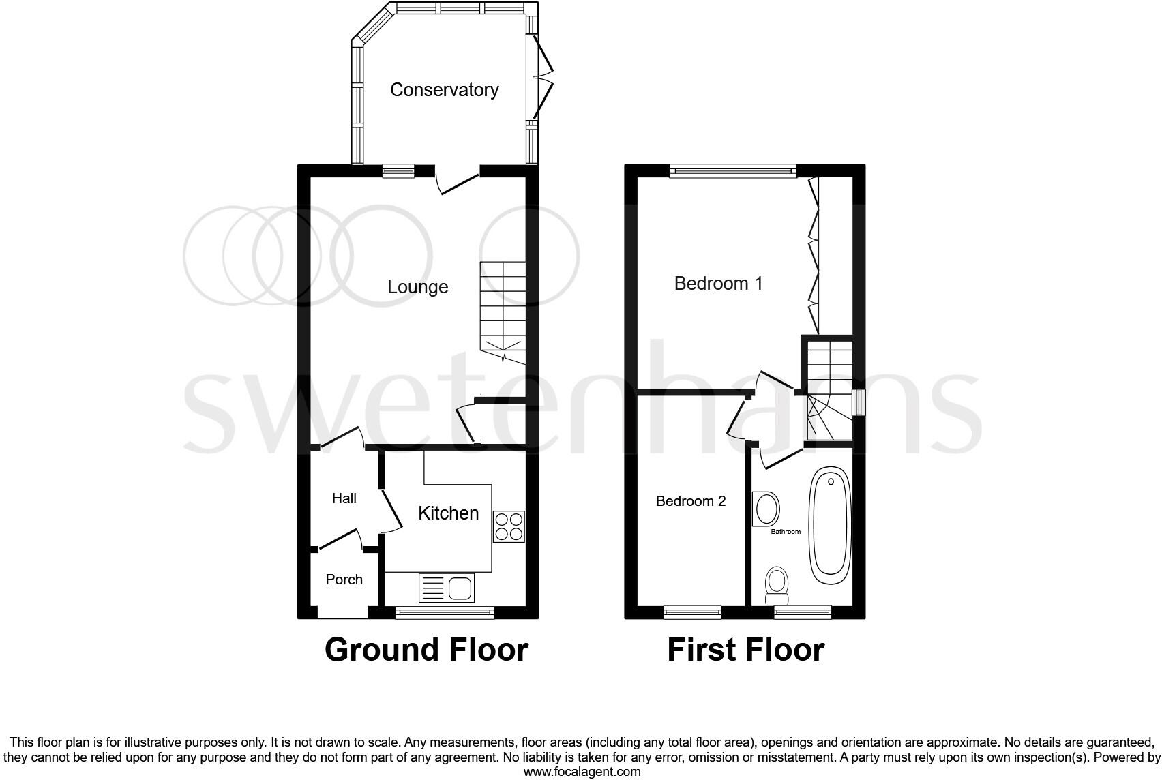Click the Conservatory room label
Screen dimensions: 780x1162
[444, 90]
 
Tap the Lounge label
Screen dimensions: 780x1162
[417, 287]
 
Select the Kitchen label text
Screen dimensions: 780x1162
[448, 513]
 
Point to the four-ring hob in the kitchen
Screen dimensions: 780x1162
[509, 526]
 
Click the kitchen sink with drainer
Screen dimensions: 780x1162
[446, 588]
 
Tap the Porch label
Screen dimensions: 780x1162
[344, 580]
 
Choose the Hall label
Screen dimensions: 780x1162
[344, 498]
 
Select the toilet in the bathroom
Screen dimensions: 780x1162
[777, 586]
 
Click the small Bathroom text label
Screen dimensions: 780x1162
[786, 532]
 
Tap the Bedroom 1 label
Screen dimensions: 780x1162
[718, 284]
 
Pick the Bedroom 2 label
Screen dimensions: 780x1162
[690, 501]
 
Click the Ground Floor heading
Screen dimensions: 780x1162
[426, 650]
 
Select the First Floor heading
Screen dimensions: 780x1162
[745, 650]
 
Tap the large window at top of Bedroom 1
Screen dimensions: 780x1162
[733, 171]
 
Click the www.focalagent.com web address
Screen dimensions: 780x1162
[582, 772]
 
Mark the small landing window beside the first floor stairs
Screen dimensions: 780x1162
[859, 402]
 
